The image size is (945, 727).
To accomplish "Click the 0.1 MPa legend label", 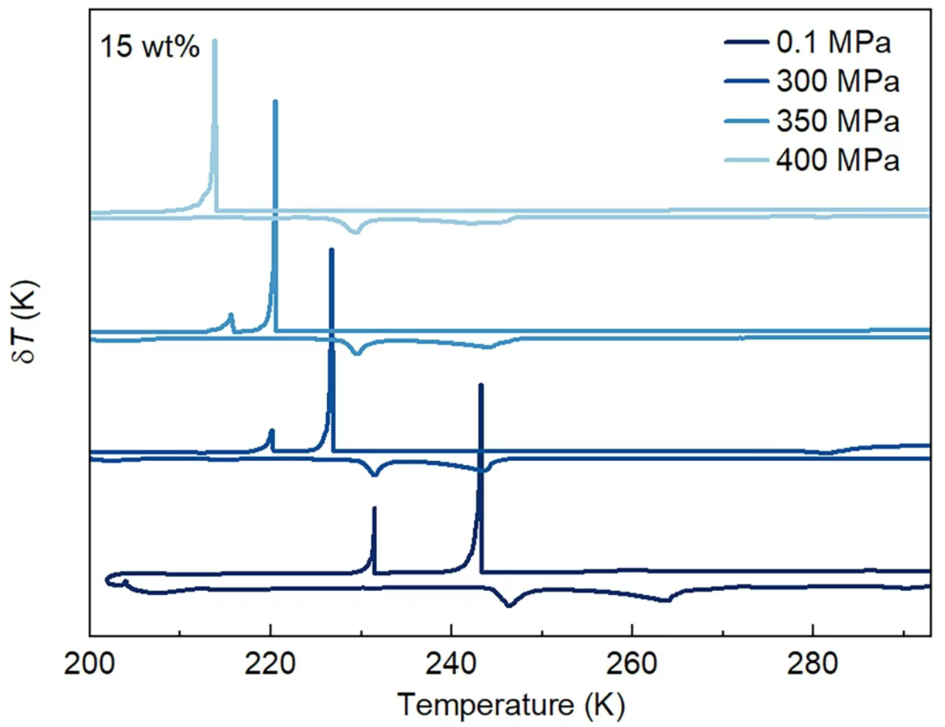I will click(833, 43).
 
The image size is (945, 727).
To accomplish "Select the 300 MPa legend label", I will click(837, 82).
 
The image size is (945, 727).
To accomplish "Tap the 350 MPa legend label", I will click(837, 121).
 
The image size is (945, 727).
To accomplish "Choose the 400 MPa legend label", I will click(837, 160).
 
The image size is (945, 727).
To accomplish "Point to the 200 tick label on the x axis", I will click(90, 663).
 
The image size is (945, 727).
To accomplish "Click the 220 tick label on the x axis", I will click(270, 663).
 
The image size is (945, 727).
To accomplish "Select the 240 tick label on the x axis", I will click(451, 663).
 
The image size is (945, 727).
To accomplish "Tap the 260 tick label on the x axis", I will click(631, 663).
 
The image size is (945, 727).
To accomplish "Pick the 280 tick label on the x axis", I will click(812, 663).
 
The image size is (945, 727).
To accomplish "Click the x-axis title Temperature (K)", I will click(511, 706).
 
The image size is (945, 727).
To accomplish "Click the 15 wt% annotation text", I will click(150, 47).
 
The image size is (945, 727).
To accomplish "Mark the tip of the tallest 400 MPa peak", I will click(215, 41).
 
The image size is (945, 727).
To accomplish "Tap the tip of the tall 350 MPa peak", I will click(276, 102).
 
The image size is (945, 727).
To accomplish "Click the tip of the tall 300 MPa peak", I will click(332, 249).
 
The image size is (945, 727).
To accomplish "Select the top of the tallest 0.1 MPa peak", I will click(481, 385).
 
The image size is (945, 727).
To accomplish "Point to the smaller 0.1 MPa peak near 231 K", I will click(374, 509).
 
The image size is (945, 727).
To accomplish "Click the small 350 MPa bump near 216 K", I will click(231, 315).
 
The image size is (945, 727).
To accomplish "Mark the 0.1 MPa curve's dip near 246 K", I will click(509, 605).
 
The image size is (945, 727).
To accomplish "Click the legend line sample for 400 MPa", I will click(746, 160).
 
